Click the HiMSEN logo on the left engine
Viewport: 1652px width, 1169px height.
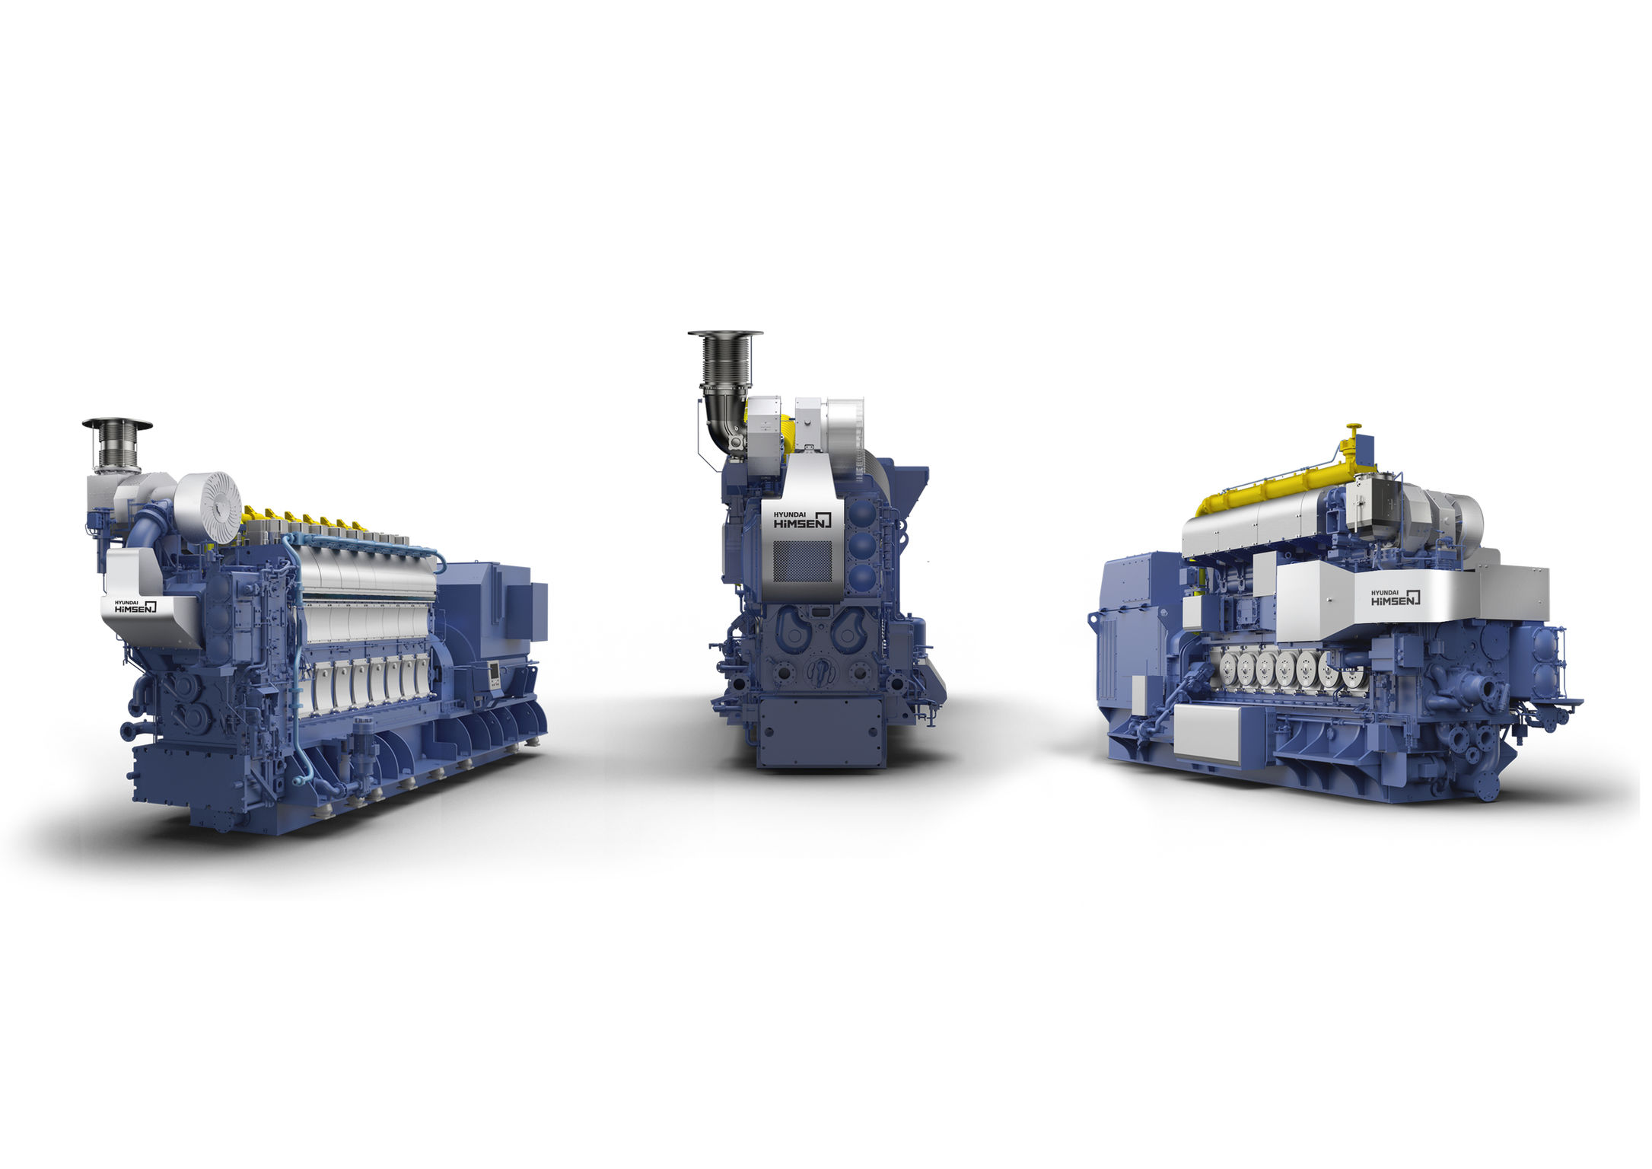pyautogui.click(x=135, y=607)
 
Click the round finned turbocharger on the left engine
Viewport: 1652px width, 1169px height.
pyautogui.click(x=208, y=507)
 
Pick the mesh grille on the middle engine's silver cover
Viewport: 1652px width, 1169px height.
pyautogui.click(x=802, y=562)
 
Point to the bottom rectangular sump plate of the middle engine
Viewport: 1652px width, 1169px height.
pyautogui.click(x=821, y=731)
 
